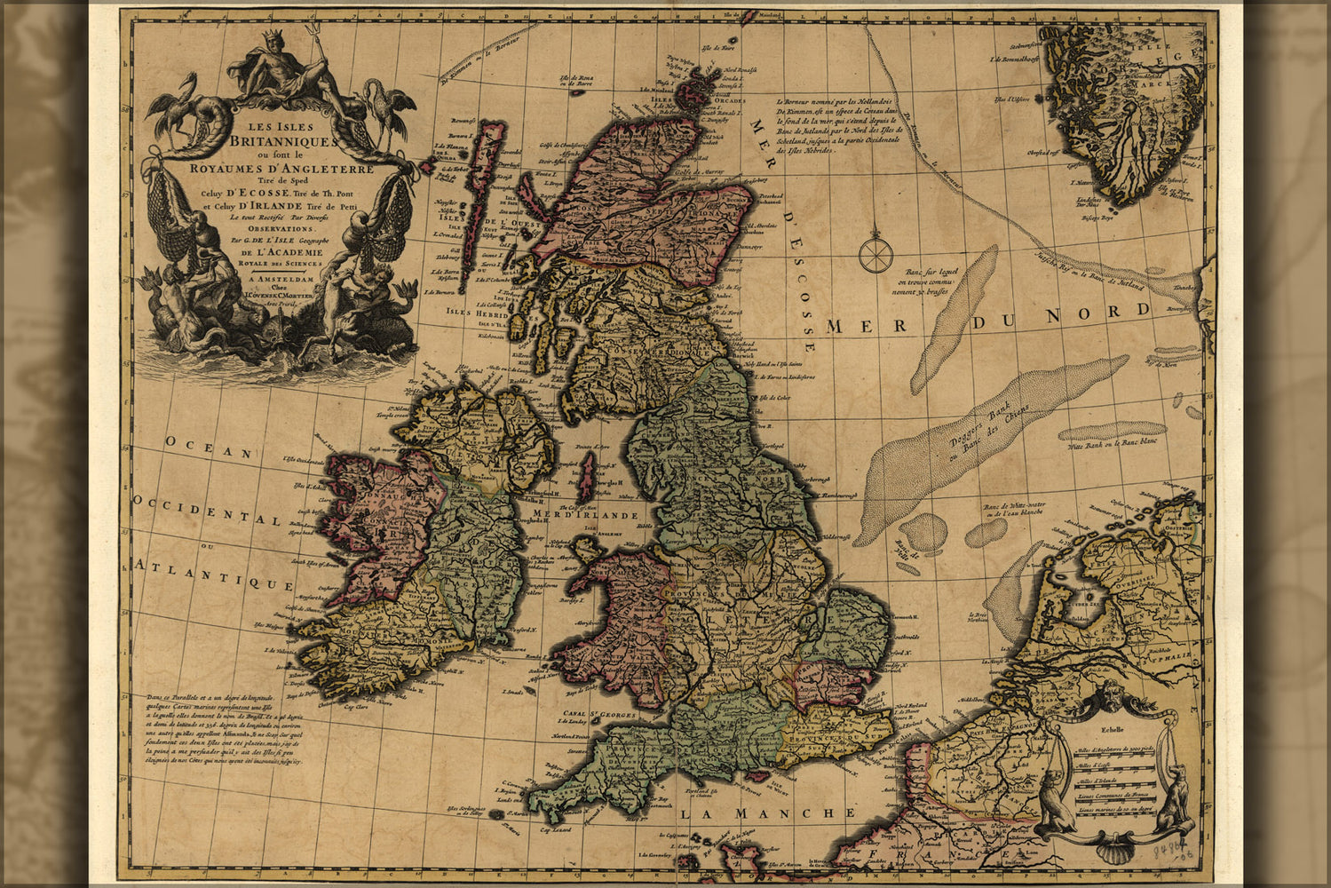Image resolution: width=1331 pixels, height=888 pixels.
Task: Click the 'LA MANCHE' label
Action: click(767, 813)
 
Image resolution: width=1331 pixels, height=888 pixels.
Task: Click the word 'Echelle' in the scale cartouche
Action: click(1111, 732)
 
